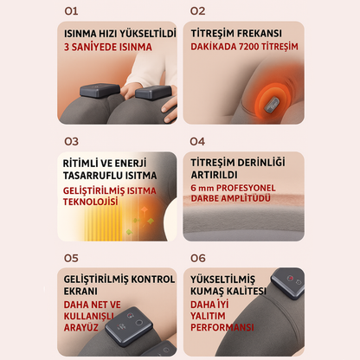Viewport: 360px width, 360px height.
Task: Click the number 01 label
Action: (x=69, y=11)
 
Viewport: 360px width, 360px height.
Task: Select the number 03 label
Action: (x=70, y=140)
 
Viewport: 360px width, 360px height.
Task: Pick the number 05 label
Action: (x=70, y=258)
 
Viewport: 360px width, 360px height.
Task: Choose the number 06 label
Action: (x=197, y=258)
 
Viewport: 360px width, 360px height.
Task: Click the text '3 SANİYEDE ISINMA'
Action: (x=100, y=48)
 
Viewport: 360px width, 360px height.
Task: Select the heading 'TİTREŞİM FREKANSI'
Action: (x=232, y=35)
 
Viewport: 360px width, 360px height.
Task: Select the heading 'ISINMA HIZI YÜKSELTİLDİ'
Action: (x=119, y=35)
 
